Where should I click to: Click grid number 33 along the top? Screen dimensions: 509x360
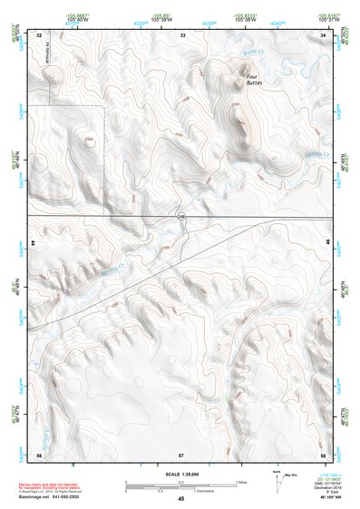[x=182, y=34]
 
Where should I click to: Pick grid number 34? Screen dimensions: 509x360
[x=324, y=34]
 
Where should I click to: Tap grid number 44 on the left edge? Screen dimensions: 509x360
[x=33, y=244]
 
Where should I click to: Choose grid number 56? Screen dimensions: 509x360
[x=39, y=454]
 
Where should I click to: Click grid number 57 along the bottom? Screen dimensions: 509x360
[x=181, y=454]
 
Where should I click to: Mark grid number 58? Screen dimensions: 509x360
[x=324, y=454]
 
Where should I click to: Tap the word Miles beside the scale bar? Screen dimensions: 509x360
[x=240, y=482]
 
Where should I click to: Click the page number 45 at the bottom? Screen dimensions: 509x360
[x=180, y=499]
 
